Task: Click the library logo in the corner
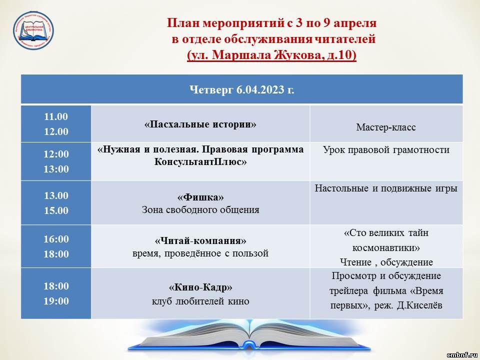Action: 33,30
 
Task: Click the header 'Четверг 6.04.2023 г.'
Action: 242,89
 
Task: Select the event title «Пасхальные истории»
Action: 200,124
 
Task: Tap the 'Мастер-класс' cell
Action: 385,127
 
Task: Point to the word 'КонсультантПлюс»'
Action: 200,161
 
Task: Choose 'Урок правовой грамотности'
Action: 386,150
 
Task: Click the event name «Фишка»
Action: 200,197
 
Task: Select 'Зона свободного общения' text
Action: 200,209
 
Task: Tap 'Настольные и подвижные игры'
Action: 386,188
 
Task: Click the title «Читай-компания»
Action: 200,240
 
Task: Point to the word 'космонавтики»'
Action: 386,247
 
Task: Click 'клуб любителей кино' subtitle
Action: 200,301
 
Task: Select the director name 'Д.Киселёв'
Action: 419,305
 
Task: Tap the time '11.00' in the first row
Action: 56,116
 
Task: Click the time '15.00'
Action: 56,210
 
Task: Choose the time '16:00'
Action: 56,239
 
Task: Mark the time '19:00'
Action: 56,301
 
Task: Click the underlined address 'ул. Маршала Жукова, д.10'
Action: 271,55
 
